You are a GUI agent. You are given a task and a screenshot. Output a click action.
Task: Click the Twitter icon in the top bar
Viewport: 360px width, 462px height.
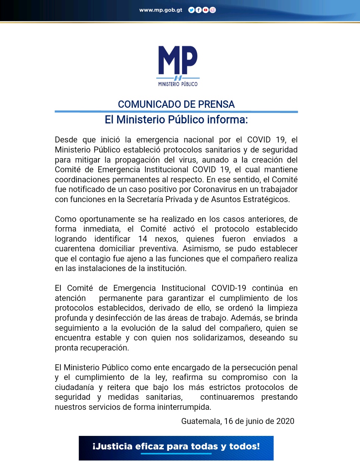(x=191, y=10)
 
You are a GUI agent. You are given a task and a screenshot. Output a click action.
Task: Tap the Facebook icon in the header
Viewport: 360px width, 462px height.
(x=198, y=10)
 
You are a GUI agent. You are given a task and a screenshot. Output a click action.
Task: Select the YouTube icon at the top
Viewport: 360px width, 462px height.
(x=206, y=10)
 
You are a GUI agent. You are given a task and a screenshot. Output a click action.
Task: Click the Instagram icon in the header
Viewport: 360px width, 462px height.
(x=213, y=10)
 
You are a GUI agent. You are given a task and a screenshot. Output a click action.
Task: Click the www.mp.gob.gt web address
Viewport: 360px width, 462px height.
(x=161, y=10)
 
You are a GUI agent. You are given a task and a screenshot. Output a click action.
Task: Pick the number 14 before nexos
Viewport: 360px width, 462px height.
(x=143, y=239)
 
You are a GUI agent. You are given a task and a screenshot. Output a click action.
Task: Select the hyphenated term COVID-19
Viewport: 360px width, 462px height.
(x=229, y=288)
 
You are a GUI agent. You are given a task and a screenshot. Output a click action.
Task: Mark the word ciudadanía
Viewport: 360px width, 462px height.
(x=74, y=387)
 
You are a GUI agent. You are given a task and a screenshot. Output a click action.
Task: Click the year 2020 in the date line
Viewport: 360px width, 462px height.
(x=285, y=421)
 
